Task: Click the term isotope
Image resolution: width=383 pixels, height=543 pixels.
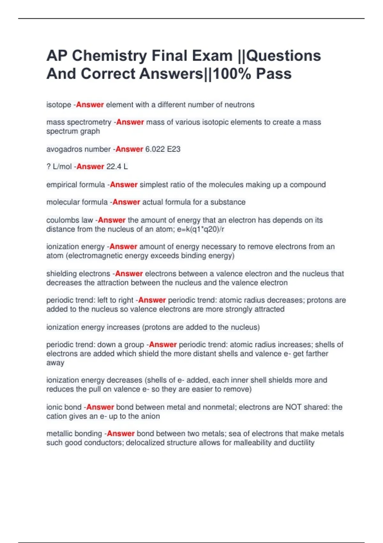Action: tap(59, 105)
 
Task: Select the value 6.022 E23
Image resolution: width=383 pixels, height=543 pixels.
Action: tap(163, 149)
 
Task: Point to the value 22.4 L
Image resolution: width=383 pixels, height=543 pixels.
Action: tap(117, 167)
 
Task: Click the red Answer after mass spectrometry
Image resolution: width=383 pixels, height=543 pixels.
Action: tap(130, 122)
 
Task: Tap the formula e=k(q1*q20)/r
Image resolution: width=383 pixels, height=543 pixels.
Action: tap(200, 229)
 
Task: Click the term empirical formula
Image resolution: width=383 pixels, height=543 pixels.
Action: tap(76, 185)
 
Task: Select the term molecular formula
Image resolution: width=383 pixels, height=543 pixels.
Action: tap(77, 202)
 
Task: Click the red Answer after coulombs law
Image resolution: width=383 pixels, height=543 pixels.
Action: tap(112, 220)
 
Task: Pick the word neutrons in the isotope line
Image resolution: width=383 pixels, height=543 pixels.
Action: tap(239, 105)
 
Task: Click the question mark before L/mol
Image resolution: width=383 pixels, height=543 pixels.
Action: tap(49, 167)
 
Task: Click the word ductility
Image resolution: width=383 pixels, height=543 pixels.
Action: tap(302, 443)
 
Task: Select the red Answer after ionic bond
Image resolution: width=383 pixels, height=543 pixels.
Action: tap(100, 407)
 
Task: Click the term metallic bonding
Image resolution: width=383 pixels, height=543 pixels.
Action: tap(74, 434)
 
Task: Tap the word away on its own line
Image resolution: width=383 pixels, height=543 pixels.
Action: tap(55, 363)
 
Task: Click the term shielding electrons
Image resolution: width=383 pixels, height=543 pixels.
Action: tap(78, 274)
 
